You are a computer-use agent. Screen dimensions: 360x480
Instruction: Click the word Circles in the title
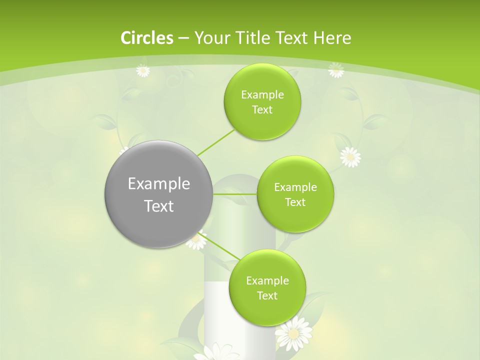146,38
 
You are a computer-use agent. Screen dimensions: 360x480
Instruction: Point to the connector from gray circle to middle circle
235,193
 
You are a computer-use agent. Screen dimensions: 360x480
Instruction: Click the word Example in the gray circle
159,184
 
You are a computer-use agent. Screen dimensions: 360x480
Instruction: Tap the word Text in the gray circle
159,206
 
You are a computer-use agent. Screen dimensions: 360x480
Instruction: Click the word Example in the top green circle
262,95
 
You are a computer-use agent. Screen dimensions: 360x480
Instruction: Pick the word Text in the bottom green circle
267,295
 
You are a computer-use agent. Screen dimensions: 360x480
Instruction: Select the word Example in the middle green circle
295,187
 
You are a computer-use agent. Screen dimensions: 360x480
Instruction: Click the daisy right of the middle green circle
350,156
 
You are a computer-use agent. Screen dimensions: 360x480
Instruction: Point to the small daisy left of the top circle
143,70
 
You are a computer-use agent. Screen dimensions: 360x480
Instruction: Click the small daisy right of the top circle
336,70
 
